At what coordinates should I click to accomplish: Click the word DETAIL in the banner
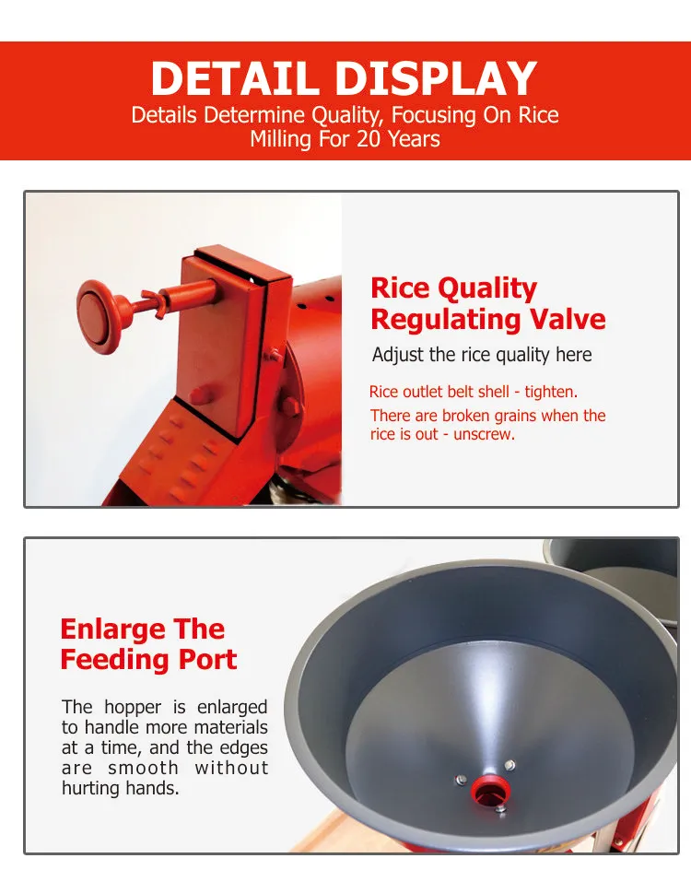click(x=235, y=78)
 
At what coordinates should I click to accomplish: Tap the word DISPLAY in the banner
click(x=437, y=78)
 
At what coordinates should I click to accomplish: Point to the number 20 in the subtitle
click(x=369, y=139)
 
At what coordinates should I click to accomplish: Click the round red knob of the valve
click(x=100, y=316)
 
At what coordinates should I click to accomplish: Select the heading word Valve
click(x=568, y=319)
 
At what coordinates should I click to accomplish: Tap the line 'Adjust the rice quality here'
click(x=482, y=355)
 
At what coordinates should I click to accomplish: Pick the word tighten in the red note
click(x=551, y=392)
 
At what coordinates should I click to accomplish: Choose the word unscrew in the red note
click(x=484, y=434)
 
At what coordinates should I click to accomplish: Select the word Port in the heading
click(x=207, y=660)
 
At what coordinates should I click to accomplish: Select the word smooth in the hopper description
click(x=143, y=768)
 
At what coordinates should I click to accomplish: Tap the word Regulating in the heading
click(x=445, y=321)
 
